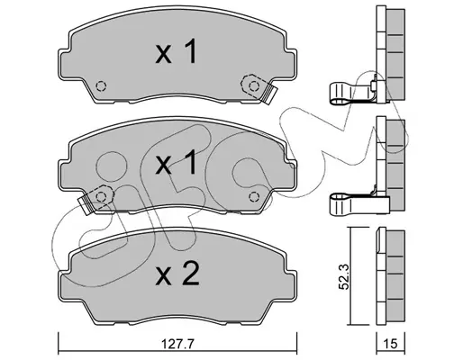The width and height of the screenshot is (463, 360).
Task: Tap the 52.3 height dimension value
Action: point(344,276)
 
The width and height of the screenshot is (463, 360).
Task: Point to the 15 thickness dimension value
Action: point(391,344)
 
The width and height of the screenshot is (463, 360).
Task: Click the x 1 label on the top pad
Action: point(176,51)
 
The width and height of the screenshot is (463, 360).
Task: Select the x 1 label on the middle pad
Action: point(176,162)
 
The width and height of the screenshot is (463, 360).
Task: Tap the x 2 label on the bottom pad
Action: point(177,273)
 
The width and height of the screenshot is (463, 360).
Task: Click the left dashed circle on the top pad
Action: point(101,86)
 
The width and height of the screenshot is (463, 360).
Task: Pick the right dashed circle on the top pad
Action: point(254,86)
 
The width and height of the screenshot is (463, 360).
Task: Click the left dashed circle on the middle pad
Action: point(101,197)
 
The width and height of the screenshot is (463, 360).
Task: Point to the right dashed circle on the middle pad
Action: point(254,197)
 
